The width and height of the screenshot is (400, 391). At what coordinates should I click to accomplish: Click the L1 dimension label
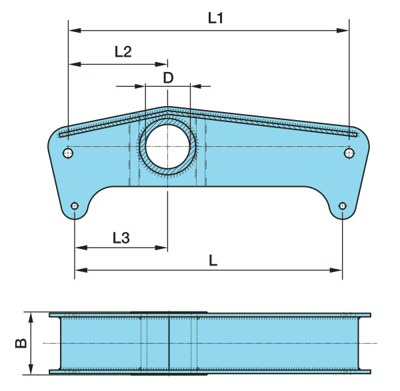point(215,18)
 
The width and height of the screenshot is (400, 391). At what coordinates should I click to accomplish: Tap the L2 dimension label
point(123,51)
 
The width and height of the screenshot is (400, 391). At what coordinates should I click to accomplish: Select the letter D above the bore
point(168,77)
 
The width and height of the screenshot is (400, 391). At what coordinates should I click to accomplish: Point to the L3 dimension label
point(121,238)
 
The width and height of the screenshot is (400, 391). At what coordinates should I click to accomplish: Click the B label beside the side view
point(21,343)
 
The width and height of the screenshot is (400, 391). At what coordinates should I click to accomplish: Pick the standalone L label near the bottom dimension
point(213,261)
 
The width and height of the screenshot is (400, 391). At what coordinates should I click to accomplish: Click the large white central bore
point(167,147)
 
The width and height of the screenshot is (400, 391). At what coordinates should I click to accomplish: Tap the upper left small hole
point(68,153)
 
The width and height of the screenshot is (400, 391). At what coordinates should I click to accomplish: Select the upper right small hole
point(349,153)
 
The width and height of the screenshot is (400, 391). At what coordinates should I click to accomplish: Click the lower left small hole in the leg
point(75,206)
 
